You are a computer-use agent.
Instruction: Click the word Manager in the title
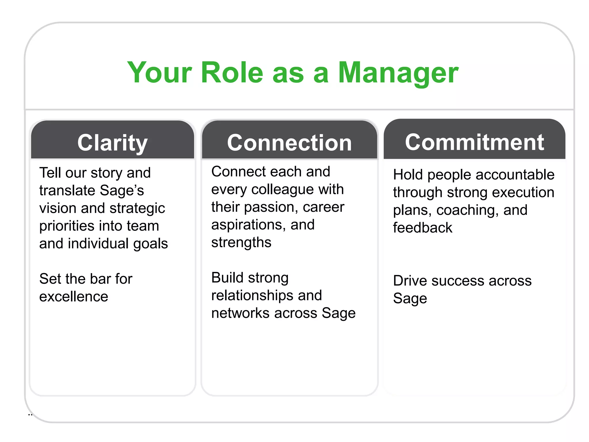[x=398, y=73]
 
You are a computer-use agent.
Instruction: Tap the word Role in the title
[x=232, y=73]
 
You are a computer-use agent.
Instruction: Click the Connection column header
[x=289, y=143]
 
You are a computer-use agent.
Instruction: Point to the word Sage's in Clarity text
[x=122, y=190]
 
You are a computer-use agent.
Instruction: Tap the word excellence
[x=74, y=296]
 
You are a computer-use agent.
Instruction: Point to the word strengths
[x=241, y=243]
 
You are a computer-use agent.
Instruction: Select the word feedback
[x=422, y=228]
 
